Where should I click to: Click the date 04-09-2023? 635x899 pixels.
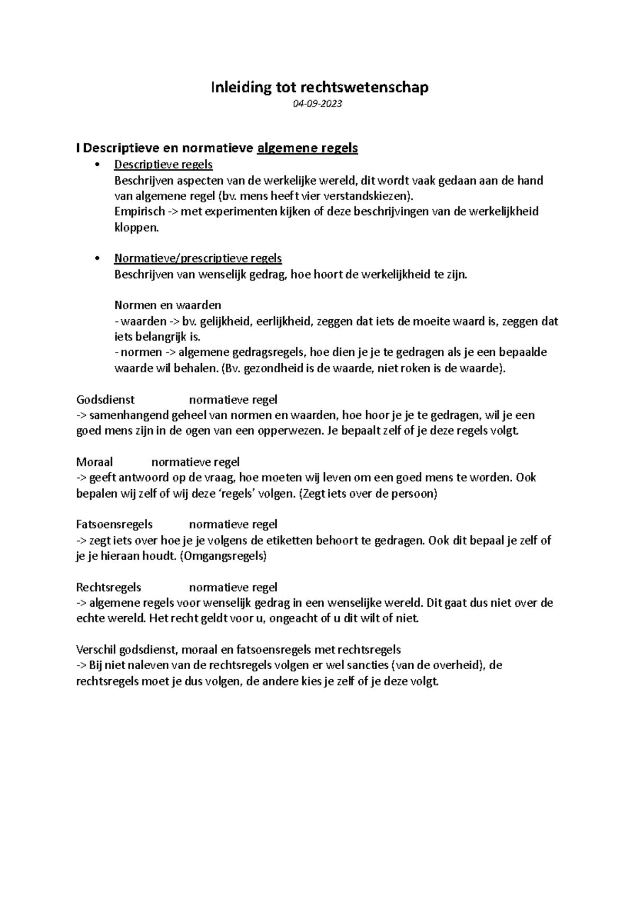coord(317,104)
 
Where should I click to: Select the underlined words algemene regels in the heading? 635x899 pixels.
coord(307,148)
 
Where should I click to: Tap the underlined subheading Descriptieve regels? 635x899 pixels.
coord(164,165)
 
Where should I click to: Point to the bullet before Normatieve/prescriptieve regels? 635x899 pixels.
coord(96,258)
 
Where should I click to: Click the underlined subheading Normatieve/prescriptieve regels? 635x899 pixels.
coord(198,258)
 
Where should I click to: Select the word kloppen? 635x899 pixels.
coord(135,228)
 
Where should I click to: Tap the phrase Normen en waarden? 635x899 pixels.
coord(167,305)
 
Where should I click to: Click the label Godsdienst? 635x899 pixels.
coord(105,400)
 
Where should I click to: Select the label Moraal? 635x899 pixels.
coord(95,462)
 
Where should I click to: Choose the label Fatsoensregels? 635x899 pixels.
coord(114,525)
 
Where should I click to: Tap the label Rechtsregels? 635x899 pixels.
coord(108,587)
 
